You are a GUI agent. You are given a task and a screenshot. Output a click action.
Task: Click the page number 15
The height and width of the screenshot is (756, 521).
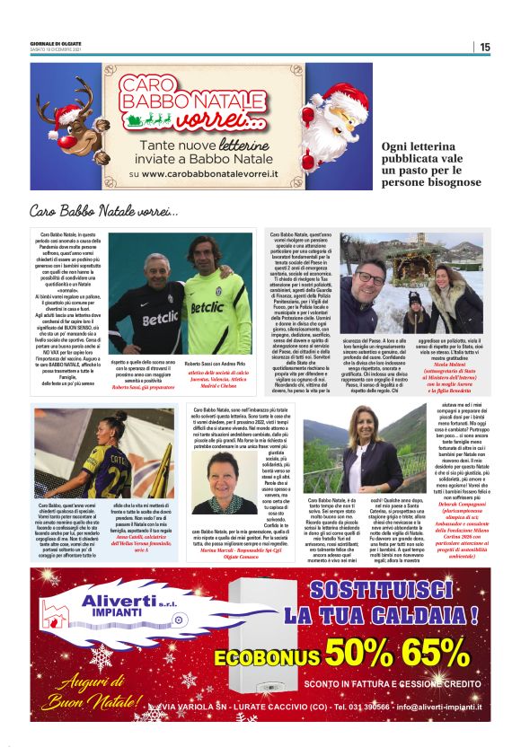(484, 47)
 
